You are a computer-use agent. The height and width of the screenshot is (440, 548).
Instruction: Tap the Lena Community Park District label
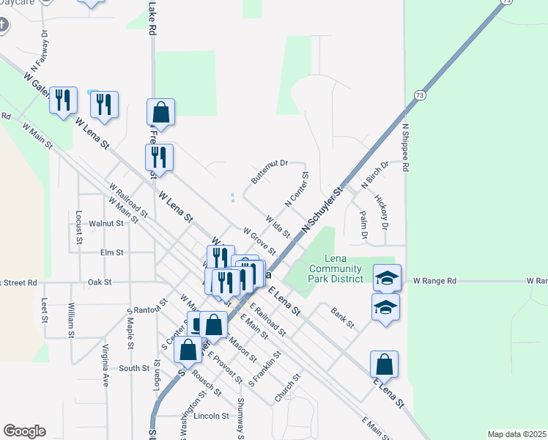tap(335, 268)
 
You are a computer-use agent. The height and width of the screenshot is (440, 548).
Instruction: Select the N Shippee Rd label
tap(404, 147)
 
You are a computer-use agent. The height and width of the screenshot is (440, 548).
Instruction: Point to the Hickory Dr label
tap(381, 210)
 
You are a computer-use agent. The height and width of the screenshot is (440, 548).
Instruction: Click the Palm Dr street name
tap(363, 224)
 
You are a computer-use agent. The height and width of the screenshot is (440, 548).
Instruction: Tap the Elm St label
tap(112, 252)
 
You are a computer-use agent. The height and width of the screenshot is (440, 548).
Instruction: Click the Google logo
tap(24, 431)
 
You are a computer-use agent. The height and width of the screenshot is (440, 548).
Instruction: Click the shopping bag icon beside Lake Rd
tap(160, 113)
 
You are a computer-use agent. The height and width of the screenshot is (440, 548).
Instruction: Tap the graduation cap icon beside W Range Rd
tap(387, 278)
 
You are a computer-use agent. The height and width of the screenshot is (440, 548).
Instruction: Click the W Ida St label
tap(278, 226)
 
